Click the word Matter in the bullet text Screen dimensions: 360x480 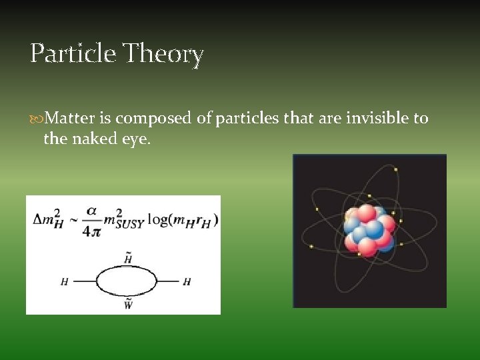(x=71, y=119)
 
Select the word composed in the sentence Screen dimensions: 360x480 (x=154, y=119)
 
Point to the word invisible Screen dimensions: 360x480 (x=379, y=119)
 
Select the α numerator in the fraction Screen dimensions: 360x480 (x=91, y=211)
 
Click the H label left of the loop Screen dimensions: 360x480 (x=64, y=282)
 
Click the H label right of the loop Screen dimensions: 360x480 (x=187, y=282)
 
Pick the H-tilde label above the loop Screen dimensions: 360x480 (x=127, y=259)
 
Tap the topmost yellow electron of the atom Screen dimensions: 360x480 (x=395, y=169)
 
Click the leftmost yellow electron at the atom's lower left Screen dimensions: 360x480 (x=311, y=247)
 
